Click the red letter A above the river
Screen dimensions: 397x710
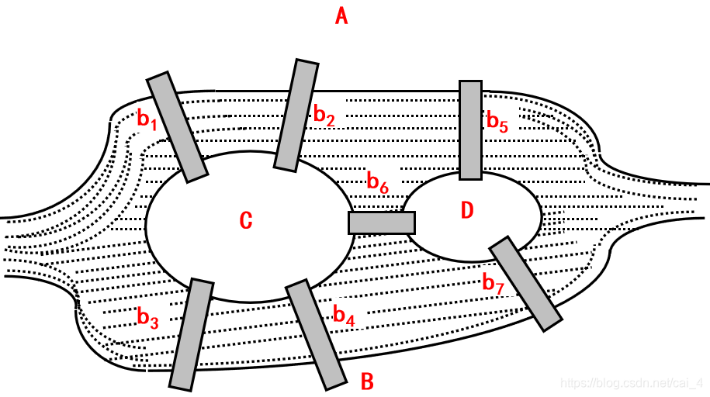[341, 16]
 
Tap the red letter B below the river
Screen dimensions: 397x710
[368, 381]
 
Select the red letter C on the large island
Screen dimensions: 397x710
[245, 221]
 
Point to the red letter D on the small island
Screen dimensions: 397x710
[466, 210]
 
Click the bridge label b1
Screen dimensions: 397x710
[147, 119]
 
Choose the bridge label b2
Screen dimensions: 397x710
[324, 116]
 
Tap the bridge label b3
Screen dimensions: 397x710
[147, 318]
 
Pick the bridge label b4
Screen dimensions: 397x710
[344, 315]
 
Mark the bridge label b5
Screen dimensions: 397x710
[497, 122]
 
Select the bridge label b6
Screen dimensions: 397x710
[377, 184]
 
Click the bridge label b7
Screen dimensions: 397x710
[494, 284]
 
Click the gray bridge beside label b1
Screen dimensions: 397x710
[177, 127]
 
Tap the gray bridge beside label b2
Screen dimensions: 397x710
[296, 115]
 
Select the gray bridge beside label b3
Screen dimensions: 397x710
[191, 334]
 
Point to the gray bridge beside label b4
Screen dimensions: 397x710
[316, 334]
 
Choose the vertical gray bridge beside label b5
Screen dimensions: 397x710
[470, 129]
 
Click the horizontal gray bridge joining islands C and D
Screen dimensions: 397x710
[381, 223]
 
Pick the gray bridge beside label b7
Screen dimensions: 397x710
[525, 283]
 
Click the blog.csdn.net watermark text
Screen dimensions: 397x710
[631, 383]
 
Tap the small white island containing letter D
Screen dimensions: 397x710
[497, 233]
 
